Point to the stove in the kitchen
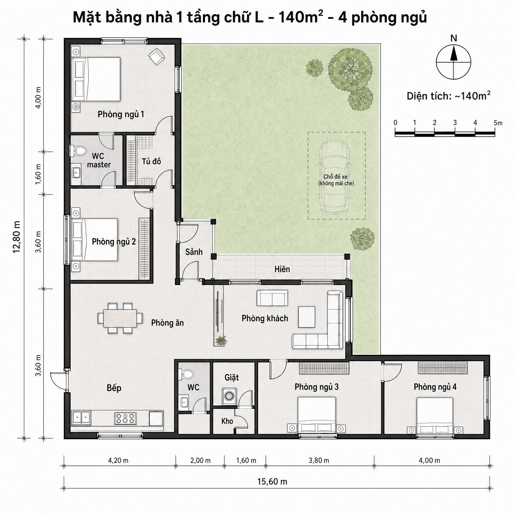tap(125, 418)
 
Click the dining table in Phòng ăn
tap(120, 318)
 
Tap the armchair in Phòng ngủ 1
tap(156, 57)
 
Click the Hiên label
tap(282, 269)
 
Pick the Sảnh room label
tap(194, 252)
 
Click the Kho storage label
tap(227, 421)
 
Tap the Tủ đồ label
tap(151, 161)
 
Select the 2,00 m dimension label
tap(200, 460)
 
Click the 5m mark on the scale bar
tap(498, 123)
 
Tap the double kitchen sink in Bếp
tap(81, 418)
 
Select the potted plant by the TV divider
tap(221, 340)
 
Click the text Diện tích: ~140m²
tap(448, 96)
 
